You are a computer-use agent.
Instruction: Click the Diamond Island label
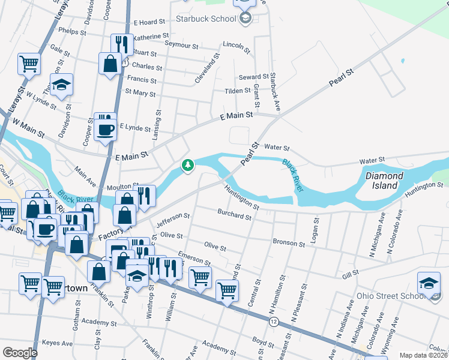pyautogui.click(x=381, y=181)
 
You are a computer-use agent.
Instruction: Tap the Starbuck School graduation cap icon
pyautogui.click(x=245, y=19)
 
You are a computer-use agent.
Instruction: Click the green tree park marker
pyautogui.click(x=188, y=165)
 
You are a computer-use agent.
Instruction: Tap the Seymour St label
pyautogui.click(x=181, y=46)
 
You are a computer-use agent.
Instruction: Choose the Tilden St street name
pyautogui.click(x=238, y=91)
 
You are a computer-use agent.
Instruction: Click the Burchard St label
pyautogui.click(x=234, y=215)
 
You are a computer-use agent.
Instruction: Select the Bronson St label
pyautogui.click(x=289, y=243)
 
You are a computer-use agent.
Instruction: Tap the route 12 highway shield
pyautogui.click(x=274, y=322)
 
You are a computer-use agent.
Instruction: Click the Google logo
pyautogui.click(x=20, y=353)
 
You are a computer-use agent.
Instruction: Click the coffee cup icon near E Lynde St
pyautogui.click(x=106, y=129)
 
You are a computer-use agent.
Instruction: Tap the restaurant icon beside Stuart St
pyautogui.click(x=121, y=44)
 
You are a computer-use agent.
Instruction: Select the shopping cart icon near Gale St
pyautogui.click(x=29, y=62)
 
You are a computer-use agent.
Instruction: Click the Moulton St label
pyautogui.click(x=124, y=187)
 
